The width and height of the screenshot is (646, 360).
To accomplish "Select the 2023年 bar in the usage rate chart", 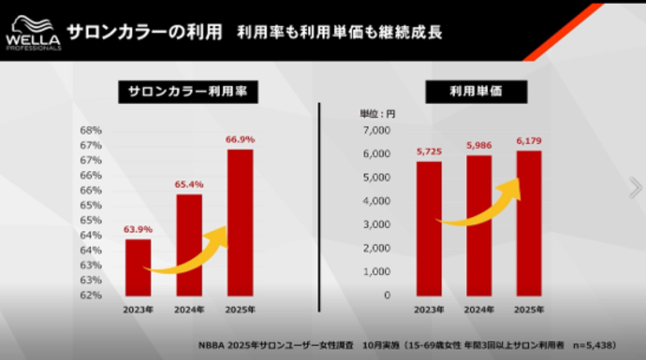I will point(138,267).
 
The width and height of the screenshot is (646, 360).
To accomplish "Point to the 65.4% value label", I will point(189,184).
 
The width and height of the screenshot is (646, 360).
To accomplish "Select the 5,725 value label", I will point(429,151).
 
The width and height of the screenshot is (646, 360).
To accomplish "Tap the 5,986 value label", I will point(479,146).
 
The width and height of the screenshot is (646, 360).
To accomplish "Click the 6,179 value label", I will point(529,141).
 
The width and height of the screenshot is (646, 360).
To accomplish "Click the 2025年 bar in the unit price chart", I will point(529,223).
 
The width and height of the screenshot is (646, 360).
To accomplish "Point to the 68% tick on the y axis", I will point(91,131).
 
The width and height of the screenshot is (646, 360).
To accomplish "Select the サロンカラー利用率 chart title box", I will point(187,91).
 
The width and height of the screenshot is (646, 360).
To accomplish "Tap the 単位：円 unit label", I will point(377,114).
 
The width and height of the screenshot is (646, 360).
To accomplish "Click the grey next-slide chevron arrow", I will point(635,188).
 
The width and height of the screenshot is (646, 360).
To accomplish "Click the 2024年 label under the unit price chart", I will point(479,310).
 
